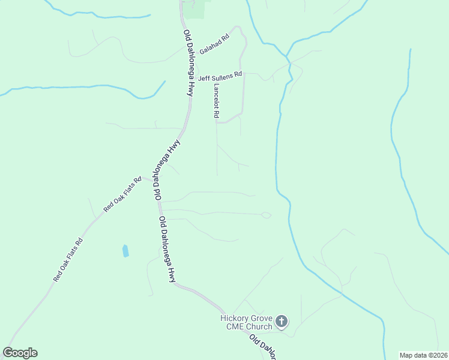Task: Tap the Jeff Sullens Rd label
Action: click(x=220, y=77)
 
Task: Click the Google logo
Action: click(x=20, y=353)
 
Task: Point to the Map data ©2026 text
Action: click(x=423, y=355)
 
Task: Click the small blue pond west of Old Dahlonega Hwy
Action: click(x=125, y=250)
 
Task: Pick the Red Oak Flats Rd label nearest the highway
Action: click(x=122, y=194)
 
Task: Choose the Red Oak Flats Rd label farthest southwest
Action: click(x=67, y=260)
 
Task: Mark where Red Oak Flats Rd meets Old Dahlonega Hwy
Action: click(x=150, y=181)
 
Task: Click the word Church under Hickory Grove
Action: click(x=258, y=326)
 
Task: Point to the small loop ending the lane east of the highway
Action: click(x=266, y=215)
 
